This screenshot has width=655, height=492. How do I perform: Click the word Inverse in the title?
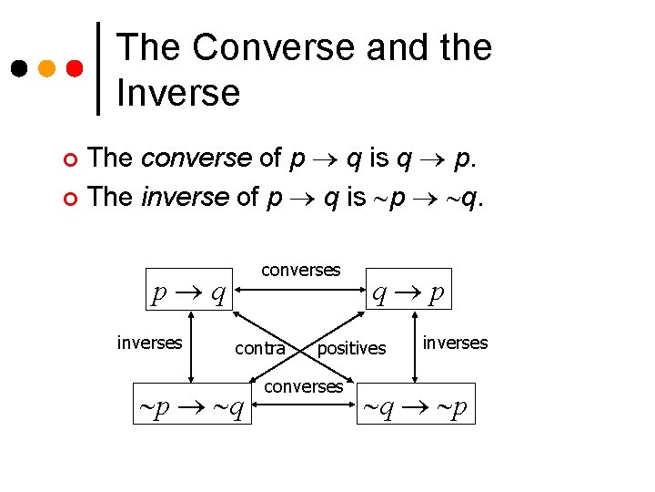(178, 92)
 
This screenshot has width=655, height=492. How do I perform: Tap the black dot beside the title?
(18, 68)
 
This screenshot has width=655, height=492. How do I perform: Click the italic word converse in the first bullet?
(196, 158)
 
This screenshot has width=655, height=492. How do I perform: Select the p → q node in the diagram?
(191, 292)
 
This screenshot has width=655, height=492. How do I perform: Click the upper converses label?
(300, 270)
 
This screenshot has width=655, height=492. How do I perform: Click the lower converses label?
(303, 386)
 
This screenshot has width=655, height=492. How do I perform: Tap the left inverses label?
(149, 343)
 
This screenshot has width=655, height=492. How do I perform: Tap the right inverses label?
(455, 343)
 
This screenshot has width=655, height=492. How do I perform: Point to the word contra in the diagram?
(260, 348)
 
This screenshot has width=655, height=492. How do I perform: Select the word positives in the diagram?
(351, 348)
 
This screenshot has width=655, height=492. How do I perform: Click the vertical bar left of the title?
(98, 68)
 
